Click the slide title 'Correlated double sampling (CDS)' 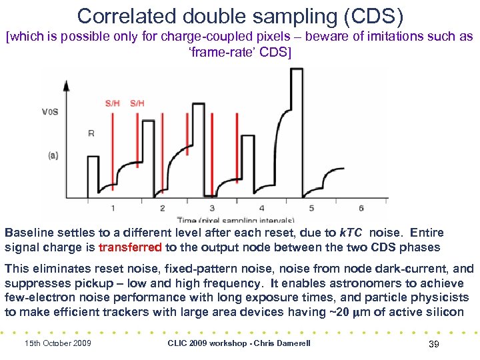[x=240, y=15]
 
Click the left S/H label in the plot [x=113, y=103]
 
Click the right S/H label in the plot [x=137, y=103]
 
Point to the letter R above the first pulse [x=91, y=133]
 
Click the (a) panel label [x=53, y=155]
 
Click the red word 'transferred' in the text [x=130, y=247]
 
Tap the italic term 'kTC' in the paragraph [x=353, y=233]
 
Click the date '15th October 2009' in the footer [x=57, y=343]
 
